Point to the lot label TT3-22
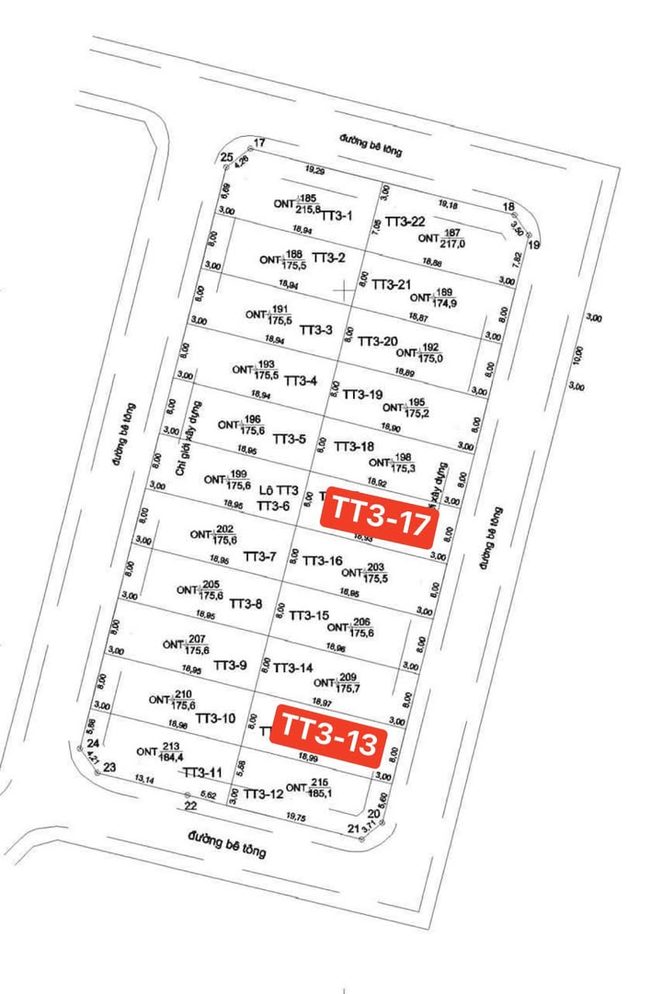(x=405, y=222)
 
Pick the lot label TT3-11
(x=202, y=773)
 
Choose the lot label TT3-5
(x=290, y=439)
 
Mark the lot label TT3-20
(x=377, y=341)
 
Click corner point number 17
(x=259, y=143)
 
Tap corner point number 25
(x=227, y=158)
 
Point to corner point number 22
(x=190, y=806)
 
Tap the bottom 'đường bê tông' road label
(x=226, y=843)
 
